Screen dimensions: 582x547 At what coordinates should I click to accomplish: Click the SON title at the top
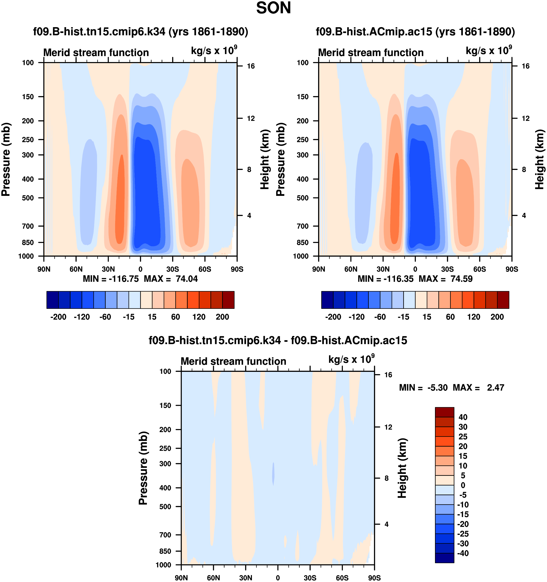pyautogui.click(x=273, y=8)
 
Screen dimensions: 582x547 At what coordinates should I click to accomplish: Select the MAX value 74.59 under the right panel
pyautogui.click(x=461, y=279)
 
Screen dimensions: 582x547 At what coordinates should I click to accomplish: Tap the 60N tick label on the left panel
pyautogui.click(x=76, y=269)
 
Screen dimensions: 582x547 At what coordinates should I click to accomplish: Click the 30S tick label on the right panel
pyautogui.click(x=447, y=269)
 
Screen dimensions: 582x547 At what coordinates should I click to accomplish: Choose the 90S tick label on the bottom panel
pyautogui.click(x=374, y=578)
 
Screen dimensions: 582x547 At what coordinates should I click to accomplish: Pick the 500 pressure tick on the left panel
pyautogui.click(x=28, y=198)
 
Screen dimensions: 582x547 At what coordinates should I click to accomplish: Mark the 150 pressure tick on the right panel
pyautogui.click(x=303, y=97)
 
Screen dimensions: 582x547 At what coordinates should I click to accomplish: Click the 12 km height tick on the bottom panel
pyautogui.click(x=388, y=427)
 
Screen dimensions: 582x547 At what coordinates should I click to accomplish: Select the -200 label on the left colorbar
pyautogui.click(x=58, y=317)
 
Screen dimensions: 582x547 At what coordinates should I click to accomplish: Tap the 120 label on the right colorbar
pyautogui.click(x=474, y=317)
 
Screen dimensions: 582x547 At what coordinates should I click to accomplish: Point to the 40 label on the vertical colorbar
pyautogui.click(x=463, y=417)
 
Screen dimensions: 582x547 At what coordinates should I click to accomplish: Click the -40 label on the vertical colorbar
pyautogui.click(x=463, y=553)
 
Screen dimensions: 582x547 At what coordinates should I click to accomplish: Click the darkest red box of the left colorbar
pyautogui.click(x=228, y=300)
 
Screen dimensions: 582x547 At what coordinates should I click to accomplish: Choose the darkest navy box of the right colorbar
pyautogui.click(x=327, y=300)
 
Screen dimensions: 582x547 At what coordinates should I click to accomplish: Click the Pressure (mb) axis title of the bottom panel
pyautogui.click(x=143, y=468)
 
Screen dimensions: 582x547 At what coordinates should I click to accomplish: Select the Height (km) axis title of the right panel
pyautogui.click(x=539, y=159)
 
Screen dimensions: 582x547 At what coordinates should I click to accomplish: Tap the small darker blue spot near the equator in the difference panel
pyautogui.click(x=273, y=474)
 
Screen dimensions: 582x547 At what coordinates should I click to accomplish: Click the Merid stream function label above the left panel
pyautogui.click(x=96, y=53)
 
